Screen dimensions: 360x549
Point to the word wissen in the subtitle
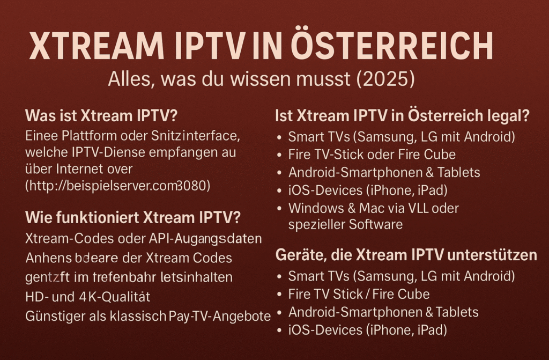258,79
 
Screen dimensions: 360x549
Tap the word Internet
83,169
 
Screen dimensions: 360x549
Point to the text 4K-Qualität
109,296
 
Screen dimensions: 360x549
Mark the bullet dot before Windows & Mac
279,208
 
